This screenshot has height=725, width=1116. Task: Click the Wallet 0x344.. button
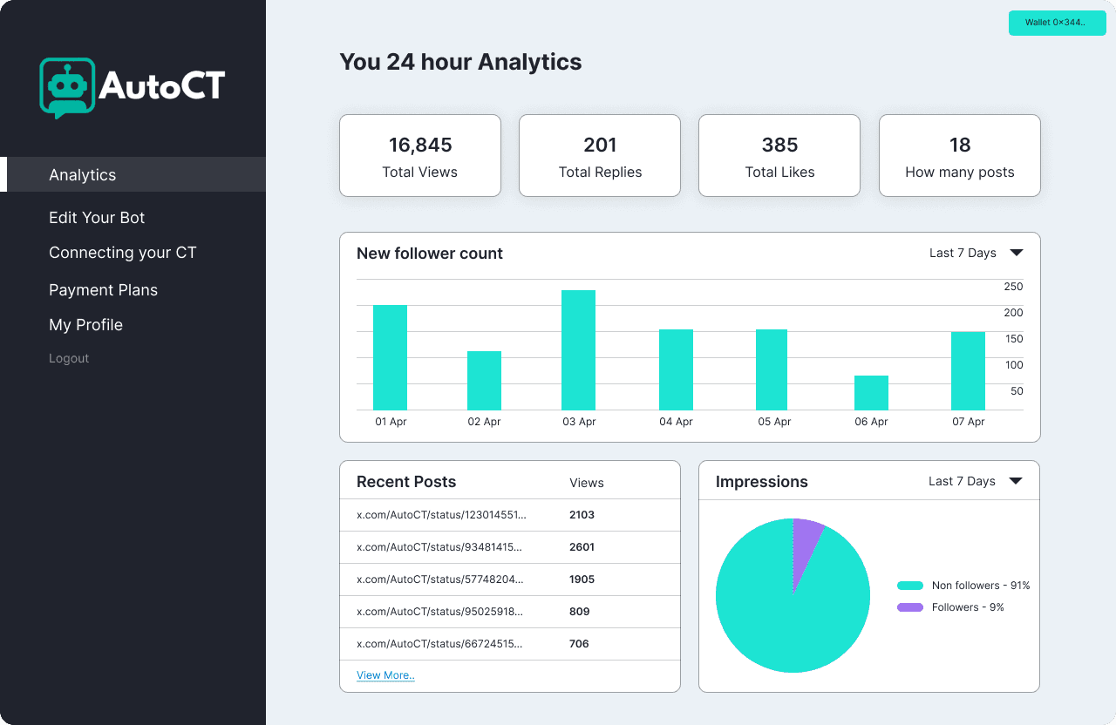point(1057,23)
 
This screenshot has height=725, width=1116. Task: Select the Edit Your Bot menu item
point(97,218)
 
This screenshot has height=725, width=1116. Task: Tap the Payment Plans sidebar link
point(103,290)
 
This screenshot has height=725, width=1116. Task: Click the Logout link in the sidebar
point(69,358)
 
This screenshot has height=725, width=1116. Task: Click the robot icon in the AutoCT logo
point(67,88)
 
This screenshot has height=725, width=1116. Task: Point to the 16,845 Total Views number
point(420,145)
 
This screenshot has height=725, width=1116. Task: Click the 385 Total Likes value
point(779,145)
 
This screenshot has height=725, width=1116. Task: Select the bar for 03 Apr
point(578,350)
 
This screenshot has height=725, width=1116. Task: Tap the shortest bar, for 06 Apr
point(871,393)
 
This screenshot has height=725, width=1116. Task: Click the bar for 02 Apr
point(484,381)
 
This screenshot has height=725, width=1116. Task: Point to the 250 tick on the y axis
point(1013,287)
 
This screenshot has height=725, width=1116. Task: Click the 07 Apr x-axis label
point(968,422)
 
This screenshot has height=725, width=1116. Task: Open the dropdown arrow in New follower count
point(1017,253)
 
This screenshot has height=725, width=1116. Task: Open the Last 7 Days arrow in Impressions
point(1016,480)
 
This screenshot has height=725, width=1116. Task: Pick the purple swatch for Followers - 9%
point(909,607)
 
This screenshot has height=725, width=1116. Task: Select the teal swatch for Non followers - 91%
point(909,586)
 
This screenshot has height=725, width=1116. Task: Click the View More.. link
point(385,675)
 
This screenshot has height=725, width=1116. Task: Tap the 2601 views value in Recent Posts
point(582,547)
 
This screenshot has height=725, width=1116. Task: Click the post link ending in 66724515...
point(439,644)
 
